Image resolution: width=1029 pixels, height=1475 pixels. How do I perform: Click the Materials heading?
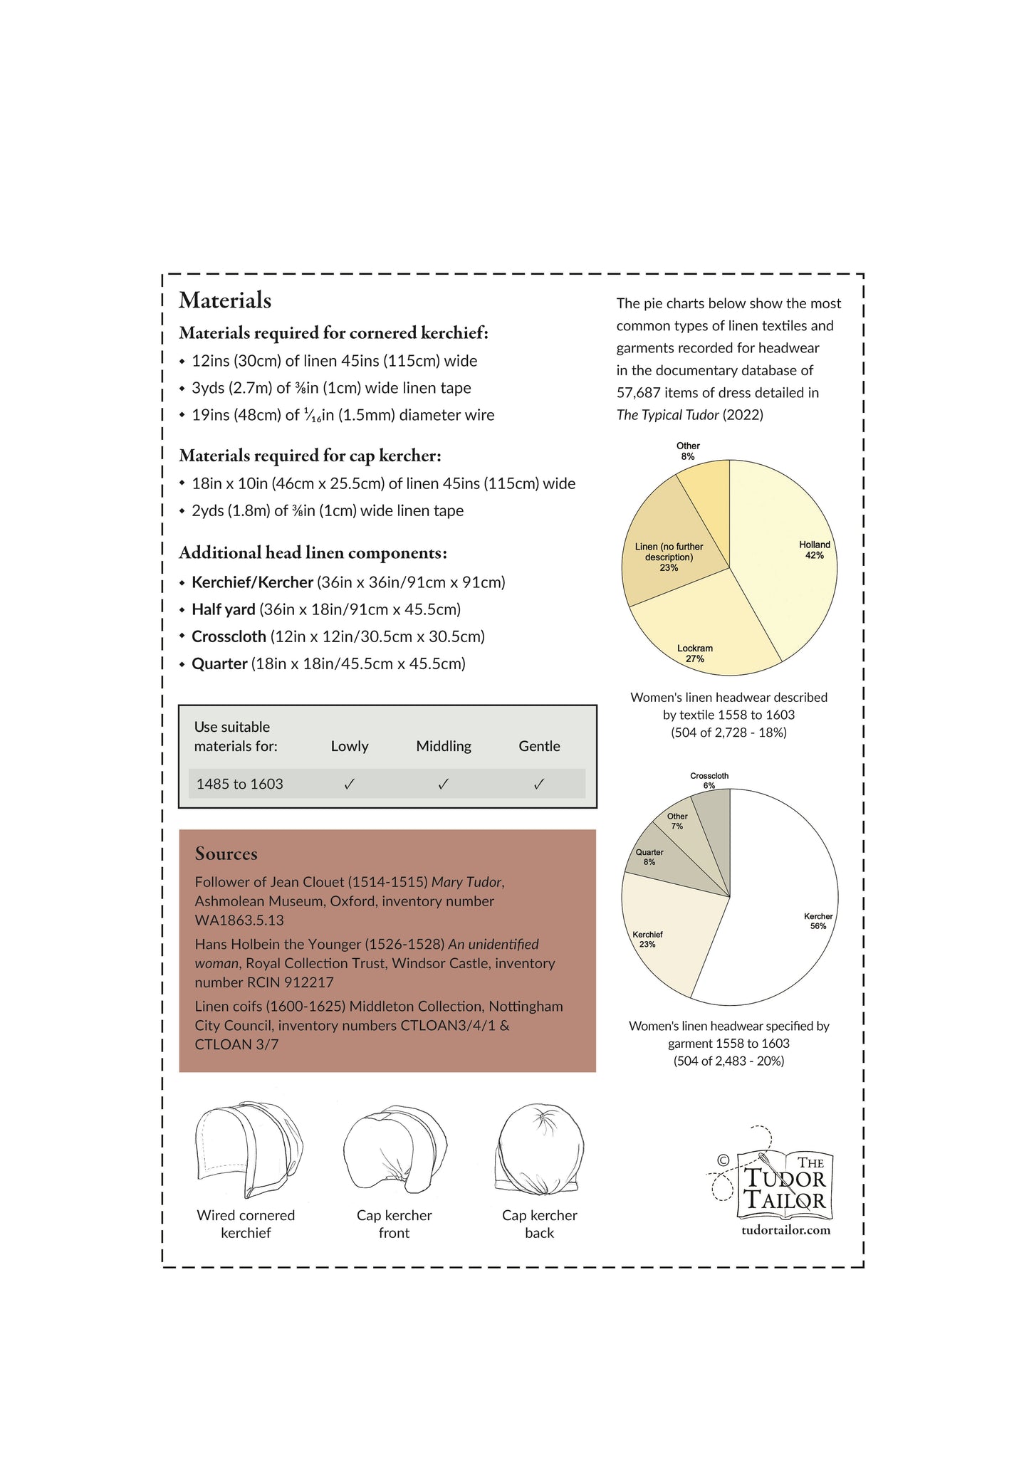(225, 300)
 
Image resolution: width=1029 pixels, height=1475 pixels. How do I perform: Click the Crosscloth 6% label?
(709, 780)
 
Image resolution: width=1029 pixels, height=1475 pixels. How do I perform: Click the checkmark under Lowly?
(350, 784)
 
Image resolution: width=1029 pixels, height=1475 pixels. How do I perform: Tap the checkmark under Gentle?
(539, 784)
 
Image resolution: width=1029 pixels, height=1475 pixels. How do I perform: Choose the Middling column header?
(444, 746)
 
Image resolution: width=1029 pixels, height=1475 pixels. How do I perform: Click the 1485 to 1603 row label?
(240, 784)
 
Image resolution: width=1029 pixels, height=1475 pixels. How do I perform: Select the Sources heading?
(226, 854)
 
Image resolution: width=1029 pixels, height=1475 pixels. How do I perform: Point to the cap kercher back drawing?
(539, 1154)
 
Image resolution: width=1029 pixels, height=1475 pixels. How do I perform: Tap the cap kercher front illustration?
(394, 1154)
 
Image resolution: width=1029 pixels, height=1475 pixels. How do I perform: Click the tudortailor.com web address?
(786, 1230)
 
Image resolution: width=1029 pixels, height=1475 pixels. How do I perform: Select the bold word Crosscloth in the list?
(229, 636)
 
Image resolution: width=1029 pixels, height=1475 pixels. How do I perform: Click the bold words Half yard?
(224, 609)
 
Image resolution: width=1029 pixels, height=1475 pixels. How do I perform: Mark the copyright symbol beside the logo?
(724, 1160)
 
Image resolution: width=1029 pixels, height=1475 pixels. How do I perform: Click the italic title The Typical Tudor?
(667, 415)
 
